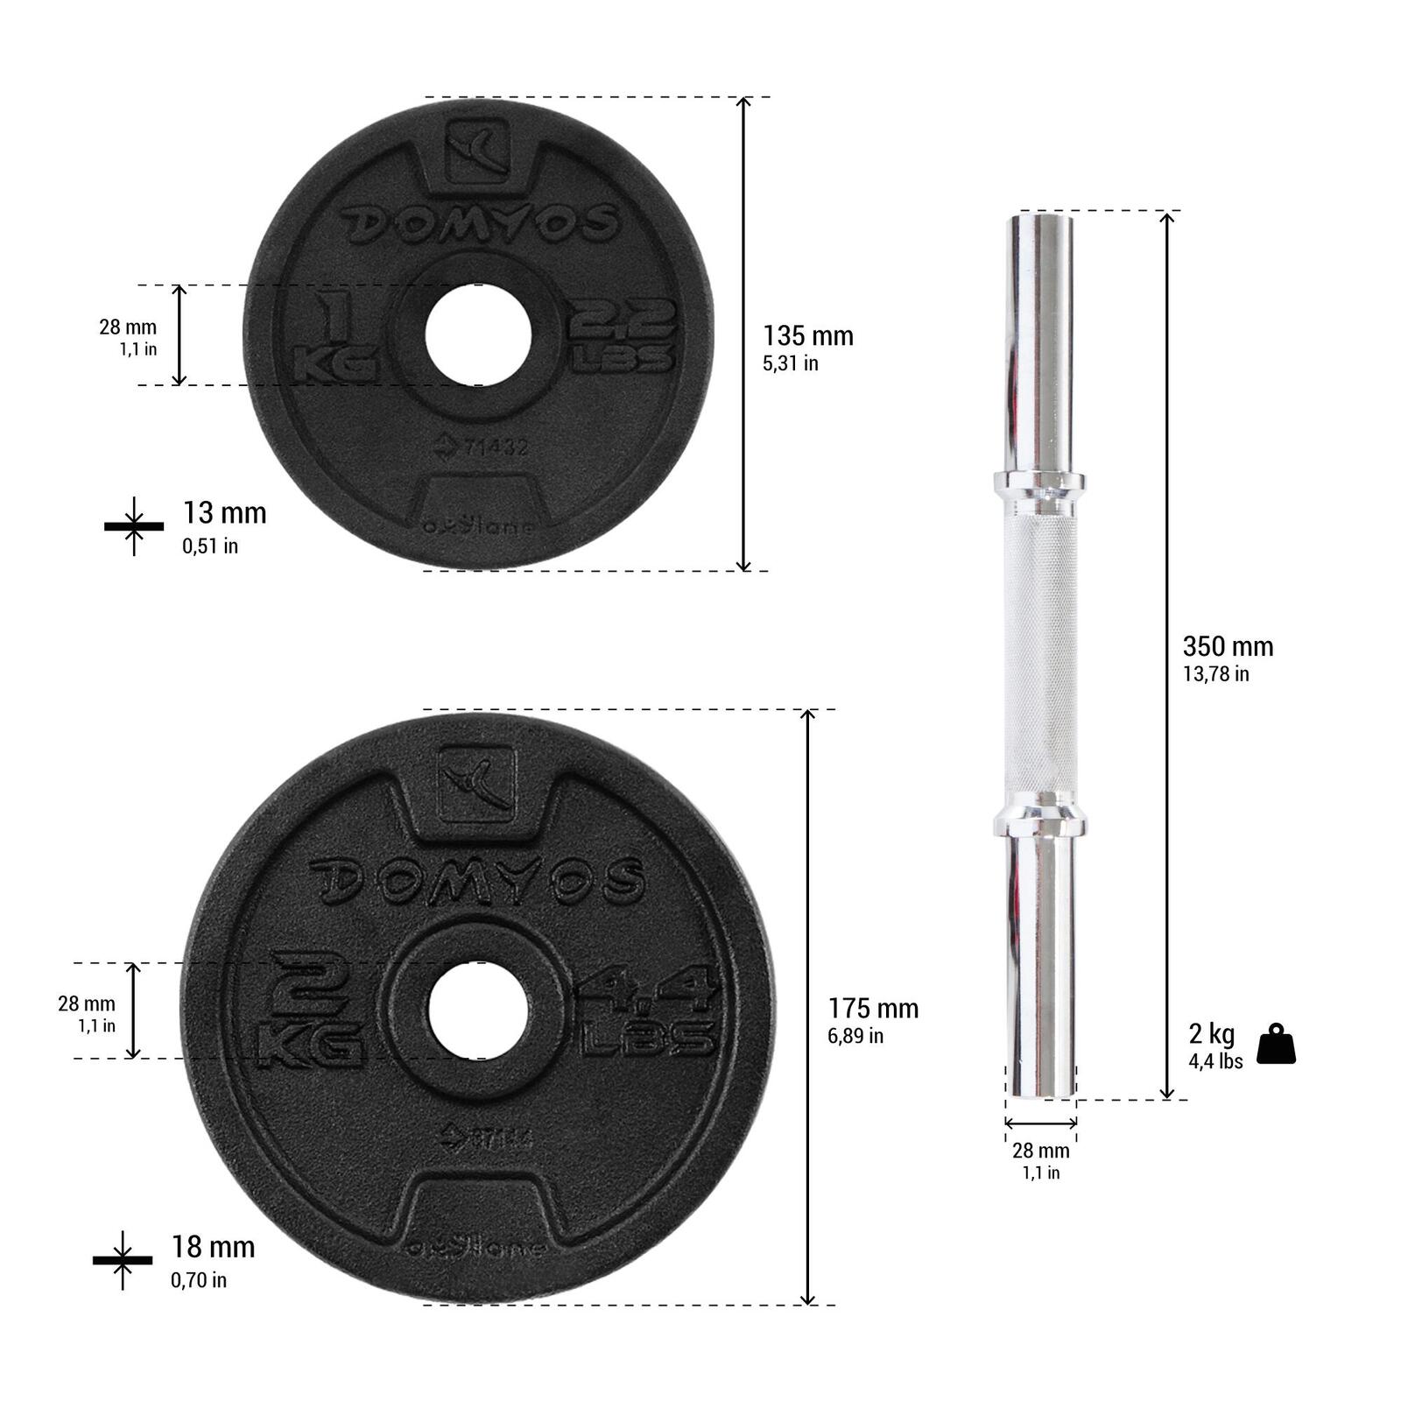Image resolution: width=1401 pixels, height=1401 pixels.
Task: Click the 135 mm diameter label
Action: tap(806, 337)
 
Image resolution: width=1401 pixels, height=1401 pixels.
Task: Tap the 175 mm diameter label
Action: tap(872, 1010)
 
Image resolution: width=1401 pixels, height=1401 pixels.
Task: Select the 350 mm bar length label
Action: tap(1227, 648)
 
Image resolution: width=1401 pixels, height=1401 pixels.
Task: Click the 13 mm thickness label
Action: tap(224, 514)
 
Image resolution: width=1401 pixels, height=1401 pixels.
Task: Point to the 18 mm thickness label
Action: tap(213, 1248)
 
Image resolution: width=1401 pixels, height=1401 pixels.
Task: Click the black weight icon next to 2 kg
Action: tap(1276, 1044)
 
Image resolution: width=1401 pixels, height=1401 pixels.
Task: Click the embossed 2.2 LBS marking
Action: tap(623, 337)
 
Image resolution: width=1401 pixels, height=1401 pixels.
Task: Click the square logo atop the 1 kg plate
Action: tap(476, 151)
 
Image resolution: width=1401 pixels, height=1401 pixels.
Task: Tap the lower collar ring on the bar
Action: tap(1040, 822)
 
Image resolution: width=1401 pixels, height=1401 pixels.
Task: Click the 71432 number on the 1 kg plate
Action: tap(496, 447)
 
